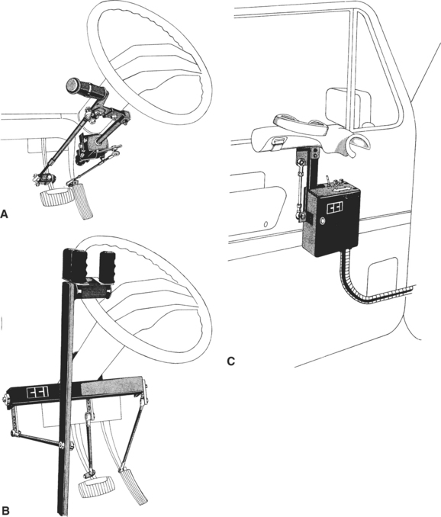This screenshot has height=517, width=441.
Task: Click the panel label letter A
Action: [x=4, y=214]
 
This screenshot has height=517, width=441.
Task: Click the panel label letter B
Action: [x=4, y=512]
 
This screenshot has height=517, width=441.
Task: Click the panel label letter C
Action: [x=231, y=361]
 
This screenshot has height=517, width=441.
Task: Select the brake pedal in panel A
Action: [x=56, y=197]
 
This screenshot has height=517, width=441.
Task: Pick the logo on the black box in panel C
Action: [x=334, y=207]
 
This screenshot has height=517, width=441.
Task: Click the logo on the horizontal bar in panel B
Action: [x=38, y=392]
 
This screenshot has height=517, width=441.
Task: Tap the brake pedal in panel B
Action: [x=95, y=486]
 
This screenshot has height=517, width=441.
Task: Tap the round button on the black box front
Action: [x=322, y=220]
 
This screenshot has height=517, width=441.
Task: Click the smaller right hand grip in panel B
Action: [x=108, y=266]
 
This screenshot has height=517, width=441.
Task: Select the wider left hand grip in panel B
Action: [x=76, y=264]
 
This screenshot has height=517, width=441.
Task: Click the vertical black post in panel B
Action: [x=66, y=396]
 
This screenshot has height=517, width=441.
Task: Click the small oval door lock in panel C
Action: [x=266, y=224]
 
